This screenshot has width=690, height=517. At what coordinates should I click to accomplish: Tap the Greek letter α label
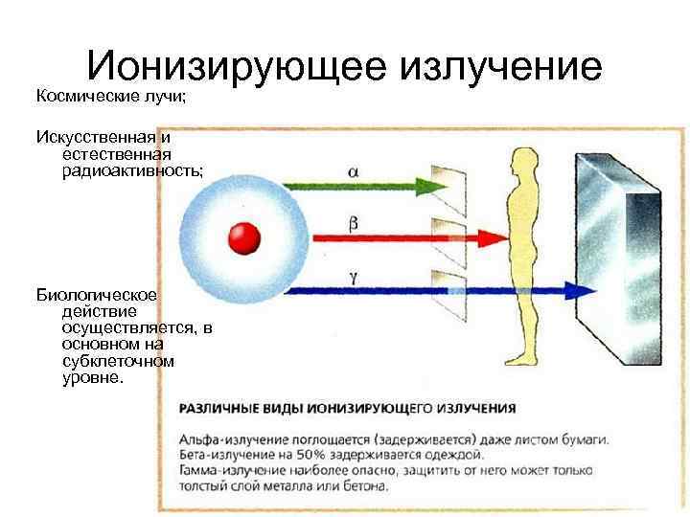(x=355, y=171)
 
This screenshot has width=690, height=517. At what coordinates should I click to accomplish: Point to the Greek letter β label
(x=354, y=223)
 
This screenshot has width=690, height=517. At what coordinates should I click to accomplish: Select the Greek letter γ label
(x=354, y=276)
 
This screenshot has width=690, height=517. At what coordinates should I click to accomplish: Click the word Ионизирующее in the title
(x=234, y=67)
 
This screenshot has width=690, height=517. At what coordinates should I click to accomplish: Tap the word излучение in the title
(x=499, y=67)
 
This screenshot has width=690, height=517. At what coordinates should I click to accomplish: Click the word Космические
(x=81, y=96)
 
